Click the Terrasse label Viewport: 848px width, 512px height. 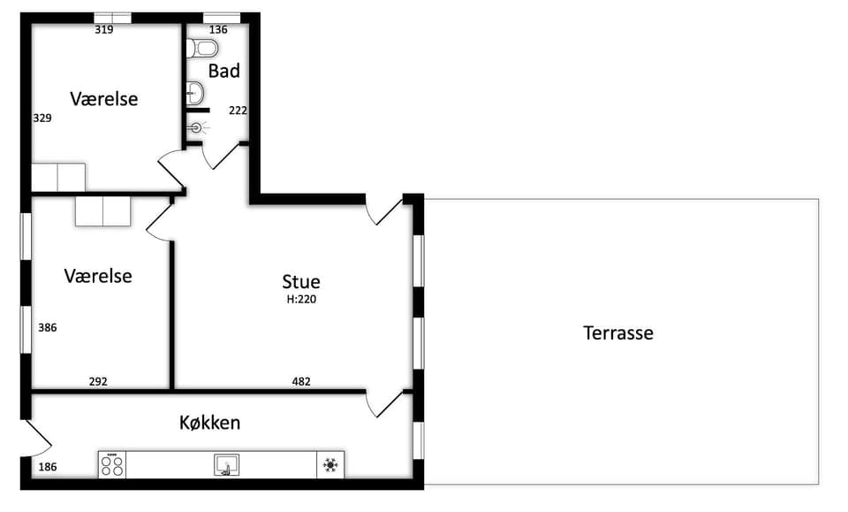click(617, 332)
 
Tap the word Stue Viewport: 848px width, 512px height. click(300, 281)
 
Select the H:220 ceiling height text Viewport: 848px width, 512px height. click(301, 299)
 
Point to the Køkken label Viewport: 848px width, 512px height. click(210, 423)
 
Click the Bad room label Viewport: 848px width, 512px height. click(223, 71)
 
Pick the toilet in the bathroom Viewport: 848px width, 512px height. click(201, 48)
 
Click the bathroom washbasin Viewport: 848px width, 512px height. click(194, 93)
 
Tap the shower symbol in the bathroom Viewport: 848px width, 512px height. click(197, 127)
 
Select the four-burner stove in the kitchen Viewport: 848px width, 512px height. click(112, 465)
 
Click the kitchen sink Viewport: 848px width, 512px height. click(227, 465)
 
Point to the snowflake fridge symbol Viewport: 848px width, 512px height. click(330, 465)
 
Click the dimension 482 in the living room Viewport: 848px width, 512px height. click(301, 381)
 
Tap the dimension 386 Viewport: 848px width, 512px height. click(47, 327)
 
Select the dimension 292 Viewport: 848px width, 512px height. click(98, 381)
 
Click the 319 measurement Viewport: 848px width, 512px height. click(104, 30)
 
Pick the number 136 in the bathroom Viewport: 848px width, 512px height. click(218, 30)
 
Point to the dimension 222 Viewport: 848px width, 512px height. click(238, 111)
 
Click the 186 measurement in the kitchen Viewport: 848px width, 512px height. click(48, 467)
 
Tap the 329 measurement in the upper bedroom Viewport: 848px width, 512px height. click(42, 118)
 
